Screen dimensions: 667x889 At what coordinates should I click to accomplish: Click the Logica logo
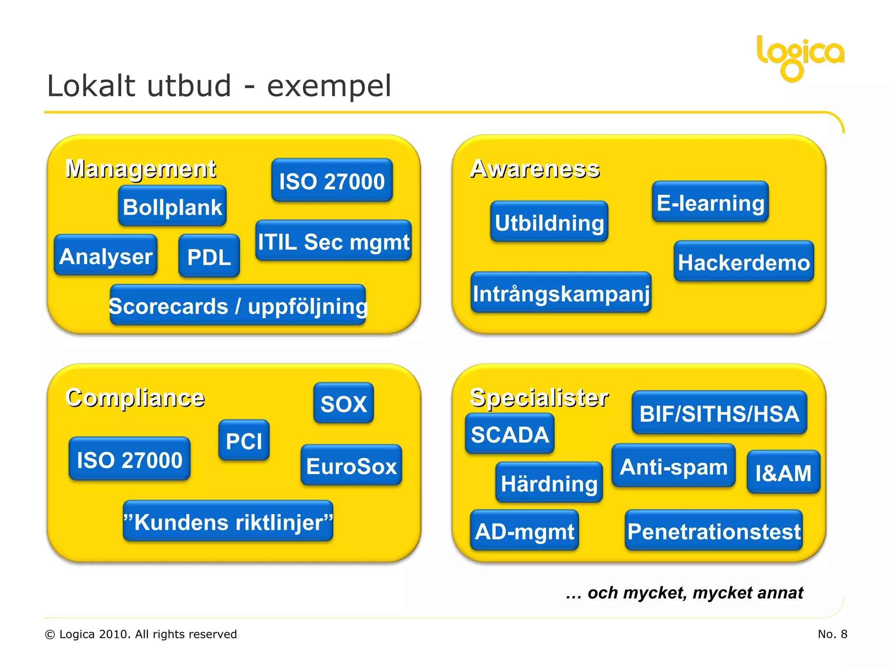point(800,56)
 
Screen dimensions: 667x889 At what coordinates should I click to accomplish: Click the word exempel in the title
point(329,86)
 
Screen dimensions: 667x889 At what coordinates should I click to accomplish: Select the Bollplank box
point(172,206)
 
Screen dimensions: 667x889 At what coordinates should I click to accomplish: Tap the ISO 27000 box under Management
point(332,181)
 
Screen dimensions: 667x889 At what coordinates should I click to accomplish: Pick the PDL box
point(209,256)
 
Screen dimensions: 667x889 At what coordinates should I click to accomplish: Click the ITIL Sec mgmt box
point(333,241)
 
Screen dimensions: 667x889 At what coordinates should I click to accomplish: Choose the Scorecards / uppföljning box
point(238,305)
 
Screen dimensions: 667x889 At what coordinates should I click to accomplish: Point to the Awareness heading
point(534,168)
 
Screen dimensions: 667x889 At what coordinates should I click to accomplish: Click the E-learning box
point(710,202)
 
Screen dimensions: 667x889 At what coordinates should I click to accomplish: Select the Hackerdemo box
point(744,262)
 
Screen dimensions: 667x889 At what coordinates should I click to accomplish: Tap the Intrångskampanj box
point(561,293)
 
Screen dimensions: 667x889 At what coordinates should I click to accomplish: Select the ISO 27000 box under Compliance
point(129,459)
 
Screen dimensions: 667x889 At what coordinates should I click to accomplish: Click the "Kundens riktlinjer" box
point(228,522)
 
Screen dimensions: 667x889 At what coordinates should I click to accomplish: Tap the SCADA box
point(510,434)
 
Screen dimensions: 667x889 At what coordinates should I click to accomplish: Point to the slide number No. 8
point(832,634)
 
